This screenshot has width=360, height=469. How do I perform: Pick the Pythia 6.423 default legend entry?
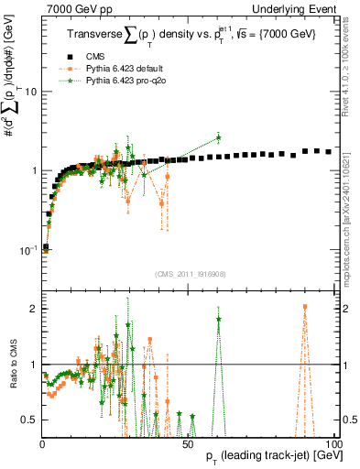111,68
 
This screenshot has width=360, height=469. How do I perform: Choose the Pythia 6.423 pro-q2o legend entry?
111,80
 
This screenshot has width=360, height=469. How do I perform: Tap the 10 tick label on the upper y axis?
30,92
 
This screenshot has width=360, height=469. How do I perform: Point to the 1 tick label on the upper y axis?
33,170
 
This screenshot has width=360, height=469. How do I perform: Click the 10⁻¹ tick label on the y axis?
27,248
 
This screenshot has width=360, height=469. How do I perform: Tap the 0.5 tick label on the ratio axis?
29,420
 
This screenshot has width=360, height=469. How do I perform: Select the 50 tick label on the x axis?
188,443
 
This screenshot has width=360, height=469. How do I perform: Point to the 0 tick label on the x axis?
42,443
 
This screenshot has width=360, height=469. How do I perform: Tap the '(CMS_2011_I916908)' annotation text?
190,273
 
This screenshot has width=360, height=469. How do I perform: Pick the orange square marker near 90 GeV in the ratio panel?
304,308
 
